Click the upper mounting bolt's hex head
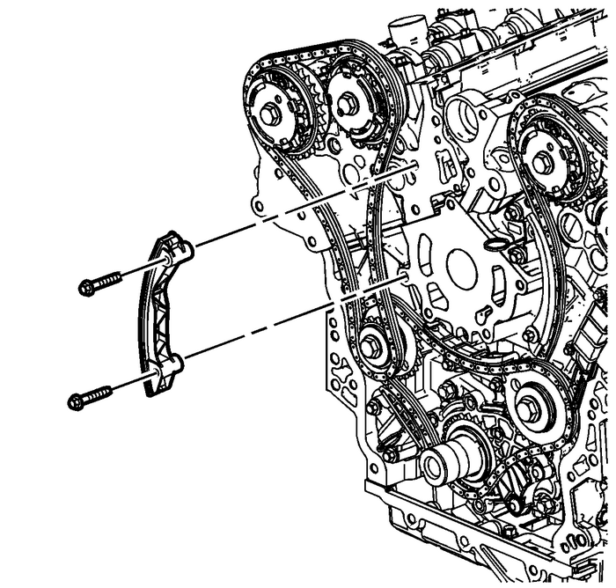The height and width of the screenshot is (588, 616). click(x=87, y=287)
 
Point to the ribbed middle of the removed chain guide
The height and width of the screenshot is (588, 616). click(x=156, y=312)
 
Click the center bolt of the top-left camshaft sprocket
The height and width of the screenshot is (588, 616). click(x=269, y=111)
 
